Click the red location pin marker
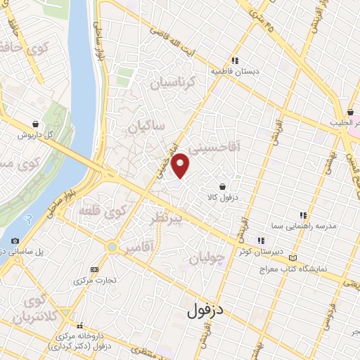pos(181,165)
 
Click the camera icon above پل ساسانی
pos(15,240)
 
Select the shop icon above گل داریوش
pos(35,124)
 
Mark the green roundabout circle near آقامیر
pos(112,247)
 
